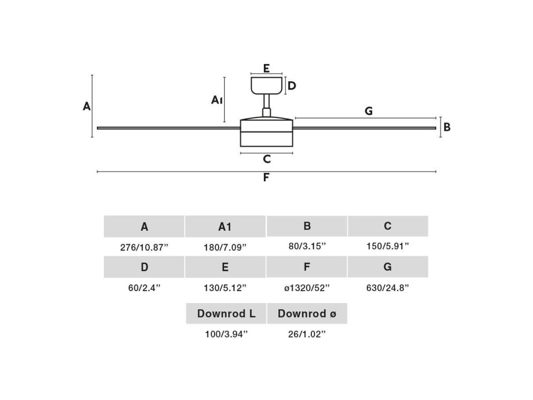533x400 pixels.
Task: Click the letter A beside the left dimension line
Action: (x=87, y=106)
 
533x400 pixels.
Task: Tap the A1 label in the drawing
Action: (x=217, y=99)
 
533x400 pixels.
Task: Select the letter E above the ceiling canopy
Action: (x=266, y=68)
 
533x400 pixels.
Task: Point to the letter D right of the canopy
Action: (x=292, y=86)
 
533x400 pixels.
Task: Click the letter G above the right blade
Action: (x=369, y=111)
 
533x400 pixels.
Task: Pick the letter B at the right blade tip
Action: (x=447, y=127)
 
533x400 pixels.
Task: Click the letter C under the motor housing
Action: (x=266, y=159)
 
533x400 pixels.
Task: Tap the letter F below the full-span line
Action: (x=266, y=178)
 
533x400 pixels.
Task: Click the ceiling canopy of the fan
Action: (x=266, y=85)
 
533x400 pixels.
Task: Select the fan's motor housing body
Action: (x=266, y=133)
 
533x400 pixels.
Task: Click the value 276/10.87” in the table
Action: (x=144, y=247)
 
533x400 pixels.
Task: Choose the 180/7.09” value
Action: (x=225, y=247)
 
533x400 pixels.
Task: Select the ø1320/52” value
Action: (x=307, y=287)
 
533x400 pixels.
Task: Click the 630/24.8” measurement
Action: (x=388, y=287)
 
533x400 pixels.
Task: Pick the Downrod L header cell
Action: (x=226, y=314)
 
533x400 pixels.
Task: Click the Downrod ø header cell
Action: (x=307, y=314)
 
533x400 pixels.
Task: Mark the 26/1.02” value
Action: (x=307, y=334)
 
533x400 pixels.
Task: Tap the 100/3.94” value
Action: (x=226, y=334)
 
